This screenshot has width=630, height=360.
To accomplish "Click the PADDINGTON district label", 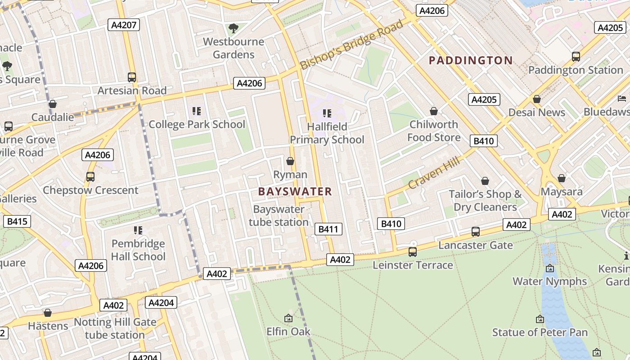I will pyautogui.click(x=471, y=60).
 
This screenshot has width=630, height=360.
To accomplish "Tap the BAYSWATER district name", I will pyautogui.click(x=295, y=191).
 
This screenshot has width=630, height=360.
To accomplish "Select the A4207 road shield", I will pyautogui.click(x=124, y=25).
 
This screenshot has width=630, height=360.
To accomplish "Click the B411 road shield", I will pyautogui.click(x=328, y=229).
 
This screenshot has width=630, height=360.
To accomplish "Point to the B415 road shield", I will pyautogui.click(x=17, y=221).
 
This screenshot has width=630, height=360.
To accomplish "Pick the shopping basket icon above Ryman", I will pyautogui.click(x=290, y=161).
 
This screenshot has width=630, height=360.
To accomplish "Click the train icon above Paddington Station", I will pyautogui.click(x=576, y=57).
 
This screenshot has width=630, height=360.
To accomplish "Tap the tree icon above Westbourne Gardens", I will pyautogui.click(x=233, y=29).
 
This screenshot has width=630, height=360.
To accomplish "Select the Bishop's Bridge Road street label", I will pyautogui.click(x=351, y=44).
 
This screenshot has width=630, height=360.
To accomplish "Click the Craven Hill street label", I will pyautogui.click(x=434, y=172).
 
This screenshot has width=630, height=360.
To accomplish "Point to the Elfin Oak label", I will pyautogui.click(x=288, y=332).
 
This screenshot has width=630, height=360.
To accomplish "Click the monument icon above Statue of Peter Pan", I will pyautogui.click(x=540, y=319).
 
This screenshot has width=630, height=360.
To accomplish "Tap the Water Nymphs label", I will pyautogui.click(x=549, y=281).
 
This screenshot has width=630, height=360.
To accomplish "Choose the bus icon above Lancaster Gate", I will pyautogui.click(x=475, y=232).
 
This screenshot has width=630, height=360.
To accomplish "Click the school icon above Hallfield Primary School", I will pyautogui.click(x=327, y=113).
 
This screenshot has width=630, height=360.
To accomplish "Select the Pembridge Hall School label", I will pyautogui.click(x=138, y=250).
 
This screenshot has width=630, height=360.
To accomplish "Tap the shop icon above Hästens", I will pyautogui.click(x=48, y=313).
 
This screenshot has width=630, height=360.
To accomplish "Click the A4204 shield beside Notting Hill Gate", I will pyautogui.click(x=161, y=302).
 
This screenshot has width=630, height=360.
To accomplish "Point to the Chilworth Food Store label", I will pyautogui.click(x=434, y=130).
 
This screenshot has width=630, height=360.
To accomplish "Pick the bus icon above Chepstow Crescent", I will pyautogui.click(x=90, y=177).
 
